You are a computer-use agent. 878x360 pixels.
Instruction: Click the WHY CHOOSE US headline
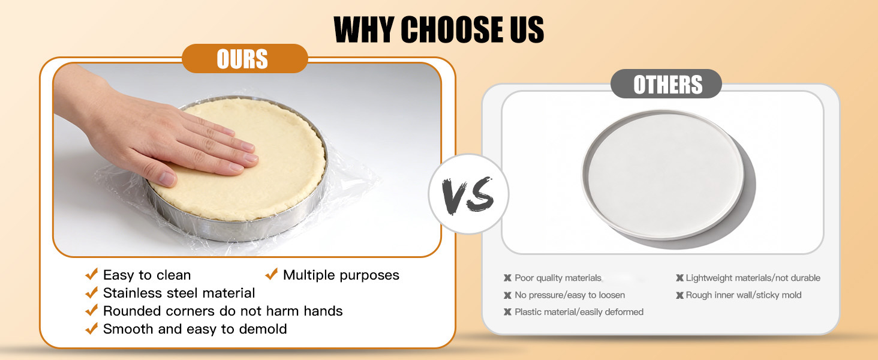pos(438,29)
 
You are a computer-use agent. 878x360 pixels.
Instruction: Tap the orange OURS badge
pos(243,59)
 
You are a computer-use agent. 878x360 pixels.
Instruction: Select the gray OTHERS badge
pos(667,85)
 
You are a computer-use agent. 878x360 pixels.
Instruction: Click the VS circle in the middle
pos(468,195)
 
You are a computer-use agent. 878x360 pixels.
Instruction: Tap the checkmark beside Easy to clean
pos(92,275)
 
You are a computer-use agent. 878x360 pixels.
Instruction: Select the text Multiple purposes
pos(341,275)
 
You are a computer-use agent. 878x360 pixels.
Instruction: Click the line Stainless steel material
pos(179,293)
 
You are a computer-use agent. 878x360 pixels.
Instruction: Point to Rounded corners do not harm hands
pos(222,311)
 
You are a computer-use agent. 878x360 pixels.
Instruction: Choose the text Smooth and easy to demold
pos(195,329)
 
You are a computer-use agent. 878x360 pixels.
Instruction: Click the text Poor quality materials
pos(558,278)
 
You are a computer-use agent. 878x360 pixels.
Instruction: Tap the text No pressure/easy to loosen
pos(570,295)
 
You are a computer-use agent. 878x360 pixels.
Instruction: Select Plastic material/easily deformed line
pos(579,312)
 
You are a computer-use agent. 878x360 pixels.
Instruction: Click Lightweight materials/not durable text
pos(753,278)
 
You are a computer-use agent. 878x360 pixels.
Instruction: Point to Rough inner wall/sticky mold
pos(744,295)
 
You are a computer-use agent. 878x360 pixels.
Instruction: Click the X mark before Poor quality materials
pos(507,278)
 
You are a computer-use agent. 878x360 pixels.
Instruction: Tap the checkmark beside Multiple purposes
pos(272,275)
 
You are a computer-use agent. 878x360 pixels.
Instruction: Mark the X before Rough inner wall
pos(679,295)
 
